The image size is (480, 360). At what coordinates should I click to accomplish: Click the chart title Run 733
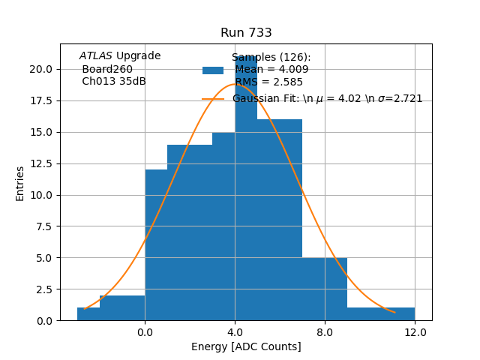pyautogui.click(x=246, y=33)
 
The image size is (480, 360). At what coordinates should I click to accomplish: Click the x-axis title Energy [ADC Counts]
pyautogui.click(x=246, y=346)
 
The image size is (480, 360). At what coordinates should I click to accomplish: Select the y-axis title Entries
pyautogui.click(x=20, y=183)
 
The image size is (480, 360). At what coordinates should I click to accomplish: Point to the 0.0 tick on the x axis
pyautogui.click(x=145, y=332)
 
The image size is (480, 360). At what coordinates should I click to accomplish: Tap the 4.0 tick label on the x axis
pyautogui.click(x=235, y=332)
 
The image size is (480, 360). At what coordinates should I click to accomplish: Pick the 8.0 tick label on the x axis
pyautogui.click(x=325, y=332)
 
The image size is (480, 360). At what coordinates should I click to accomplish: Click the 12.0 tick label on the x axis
pyautogui.click(x=415, y=332)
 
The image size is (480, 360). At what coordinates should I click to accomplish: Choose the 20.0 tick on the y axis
pyautogui.click(x=40, y=69)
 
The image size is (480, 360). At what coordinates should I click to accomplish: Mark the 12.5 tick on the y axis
pyautogui.click(x=40, y=163)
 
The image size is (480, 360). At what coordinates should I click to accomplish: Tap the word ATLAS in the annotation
pyautogui.click(x=96, y=56)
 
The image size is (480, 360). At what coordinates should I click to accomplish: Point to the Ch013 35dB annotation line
pyautogui.click(x=114, y=82)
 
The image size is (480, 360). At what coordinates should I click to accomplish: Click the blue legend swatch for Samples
pyautogui.click(x=213, y=70)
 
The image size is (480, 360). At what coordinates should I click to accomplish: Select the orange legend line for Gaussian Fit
pyautogui.click(x=213, y=99)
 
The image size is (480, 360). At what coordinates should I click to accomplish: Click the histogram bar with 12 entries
pyautogui.click(x=156, y=247)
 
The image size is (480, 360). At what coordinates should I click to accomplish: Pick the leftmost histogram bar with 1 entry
pyautogui.click(x=88, y=314)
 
